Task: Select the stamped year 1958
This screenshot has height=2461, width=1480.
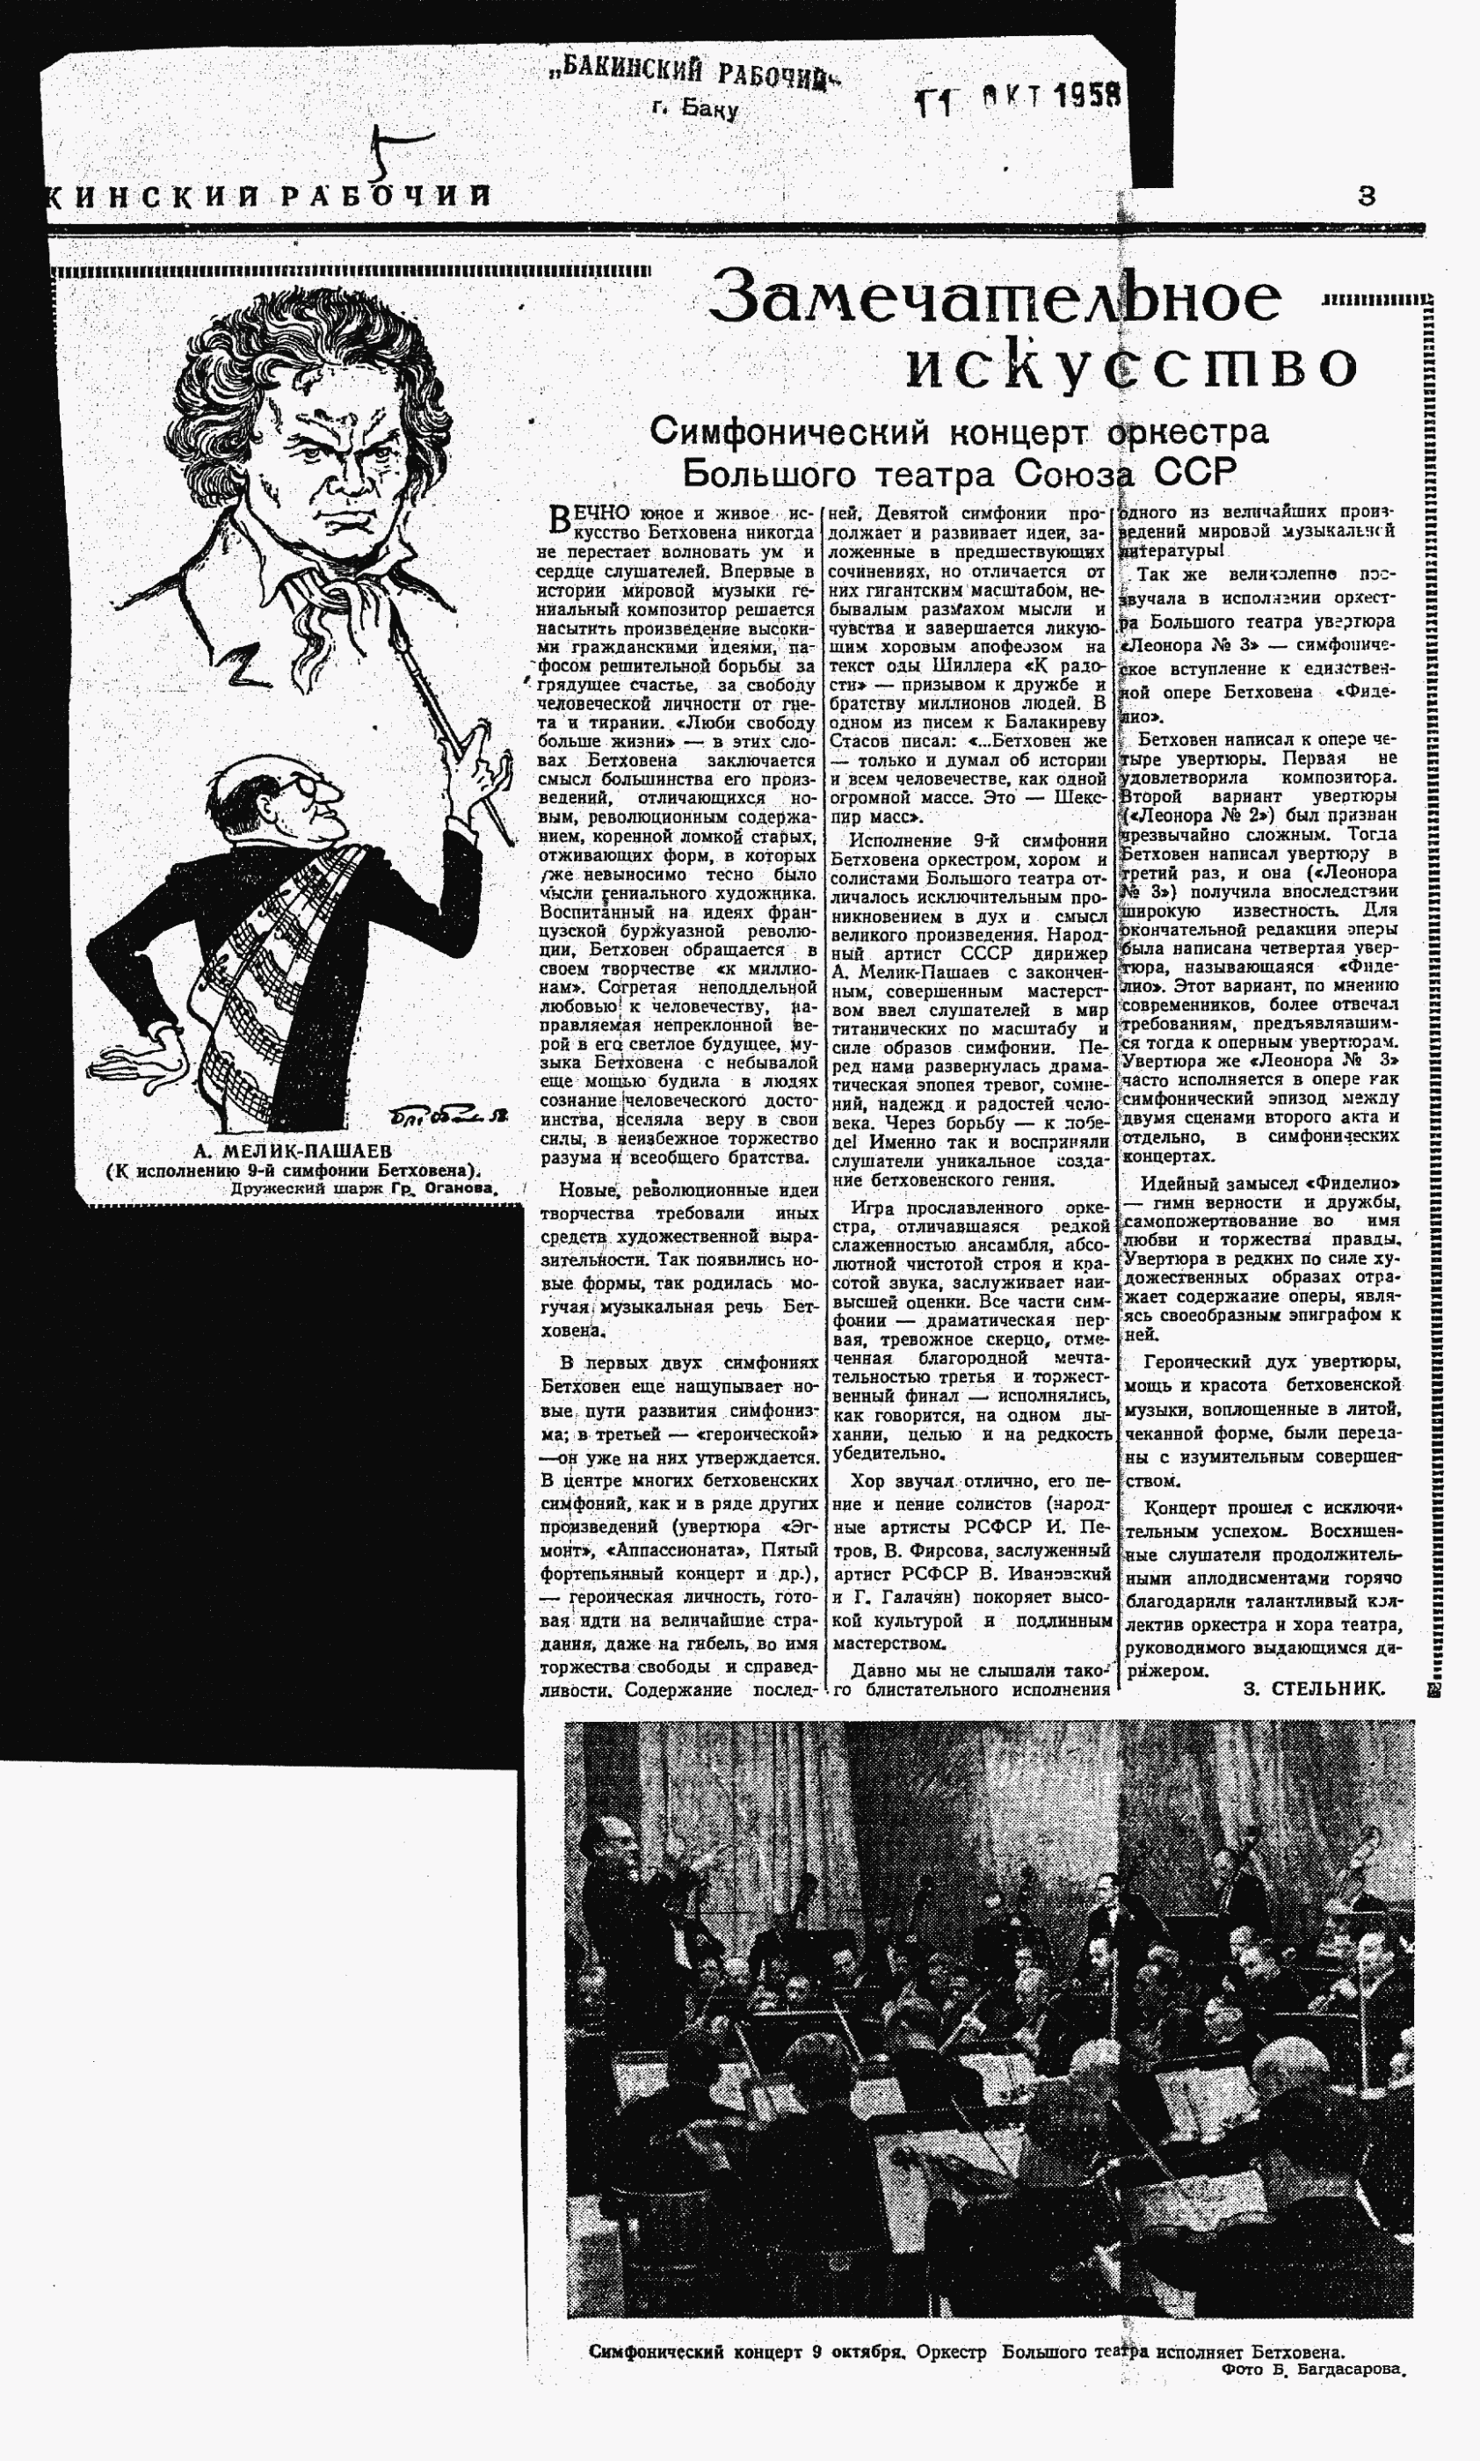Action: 1088,96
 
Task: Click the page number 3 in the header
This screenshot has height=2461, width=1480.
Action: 1367,197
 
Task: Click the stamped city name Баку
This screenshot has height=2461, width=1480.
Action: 709,109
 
